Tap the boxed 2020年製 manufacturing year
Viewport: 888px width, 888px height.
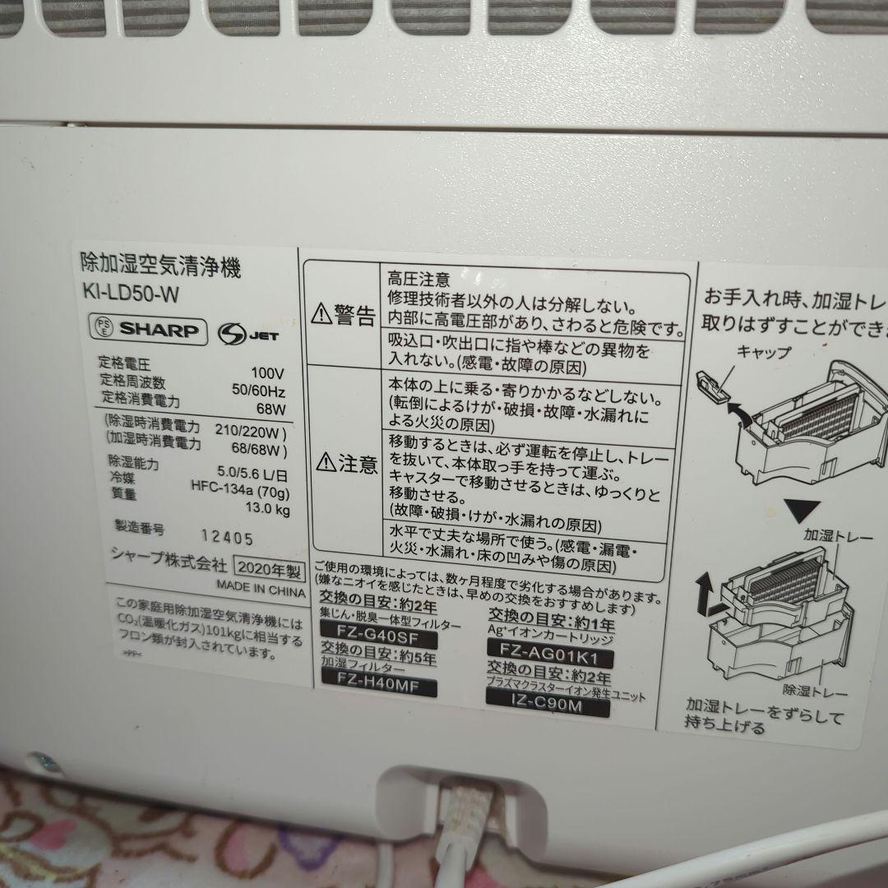tap(265, 567)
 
